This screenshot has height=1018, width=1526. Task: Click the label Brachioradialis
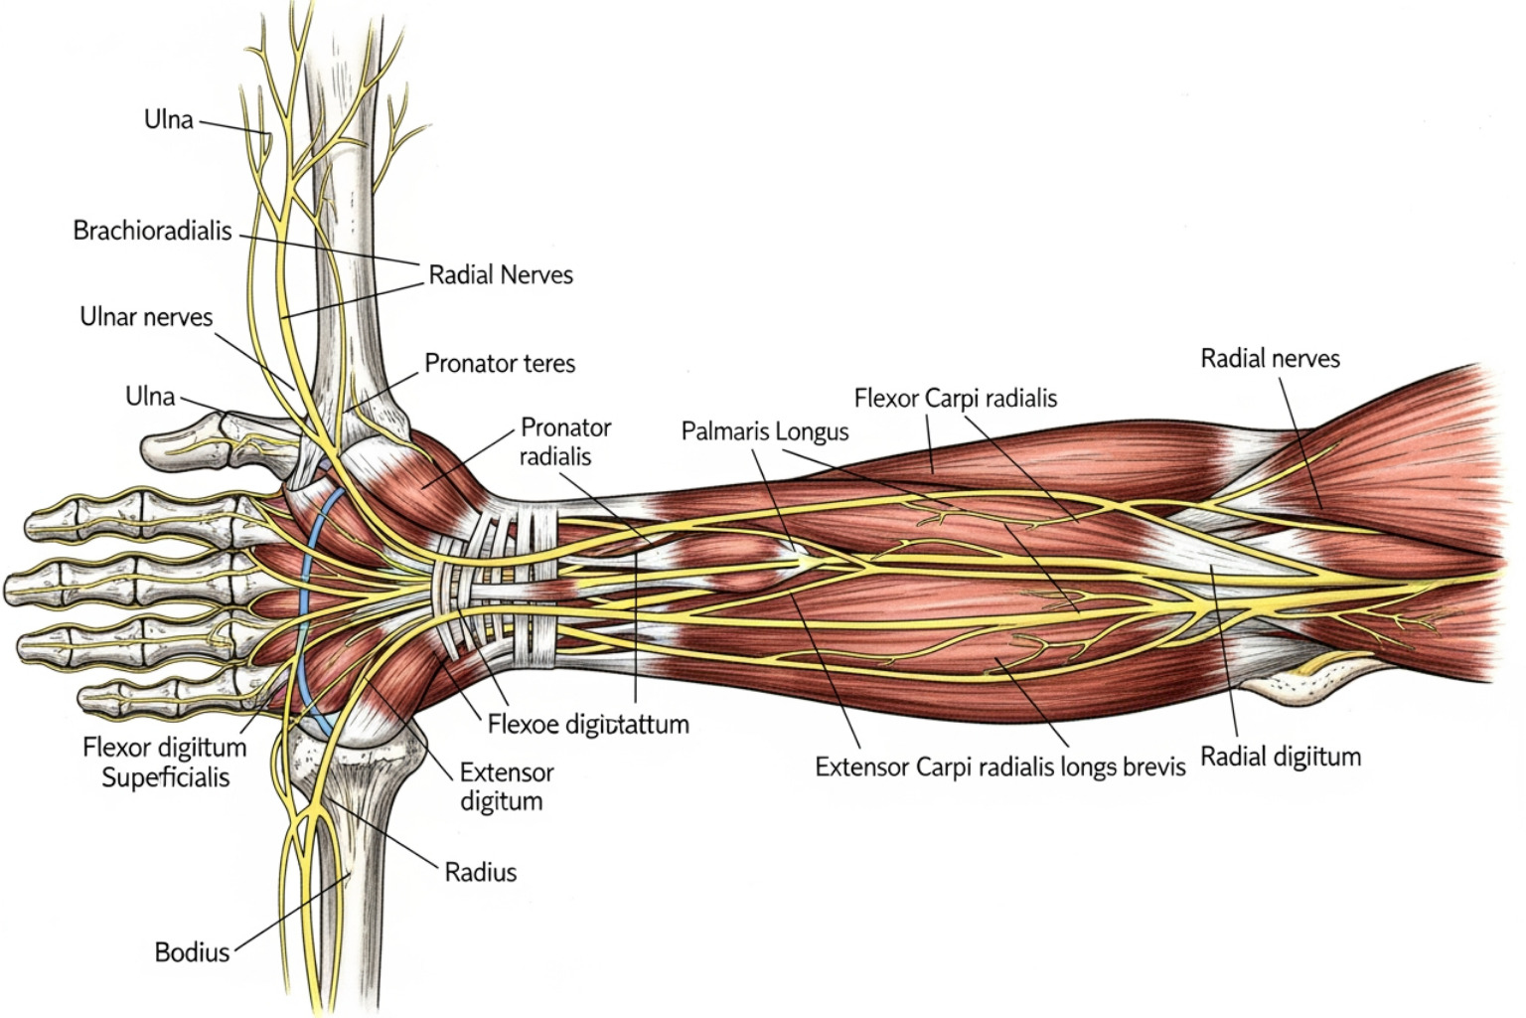(x=152, y=231)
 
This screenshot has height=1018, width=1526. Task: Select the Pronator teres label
(x=500, y=363)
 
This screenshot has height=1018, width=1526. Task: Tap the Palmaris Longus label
(x=765, y=431)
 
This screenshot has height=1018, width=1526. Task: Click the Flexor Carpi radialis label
(x=956, y=399)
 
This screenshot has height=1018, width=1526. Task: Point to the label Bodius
(x=192, y=952)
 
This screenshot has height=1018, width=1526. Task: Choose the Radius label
(x=481, y=873)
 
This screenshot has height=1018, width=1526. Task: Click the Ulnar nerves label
(x=146, y=317)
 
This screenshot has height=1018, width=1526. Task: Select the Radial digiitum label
(x=1281, y=757)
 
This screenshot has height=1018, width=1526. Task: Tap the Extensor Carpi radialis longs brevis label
(x=1000, y=766)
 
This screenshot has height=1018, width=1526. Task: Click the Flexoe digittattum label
(x=588, y=724)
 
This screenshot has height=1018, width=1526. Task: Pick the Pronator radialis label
(x=565, y=442)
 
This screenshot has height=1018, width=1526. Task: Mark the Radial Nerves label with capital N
(x=501, y=274)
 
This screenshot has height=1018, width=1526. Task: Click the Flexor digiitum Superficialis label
(x=165, y=763)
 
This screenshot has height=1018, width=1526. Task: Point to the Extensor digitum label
(x=507, y=786)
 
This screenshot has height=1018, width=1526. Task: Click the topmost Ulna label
(x=169, y=119)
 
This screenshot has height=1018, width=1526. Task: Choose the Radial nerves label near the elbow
(x=1270, y=358)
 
